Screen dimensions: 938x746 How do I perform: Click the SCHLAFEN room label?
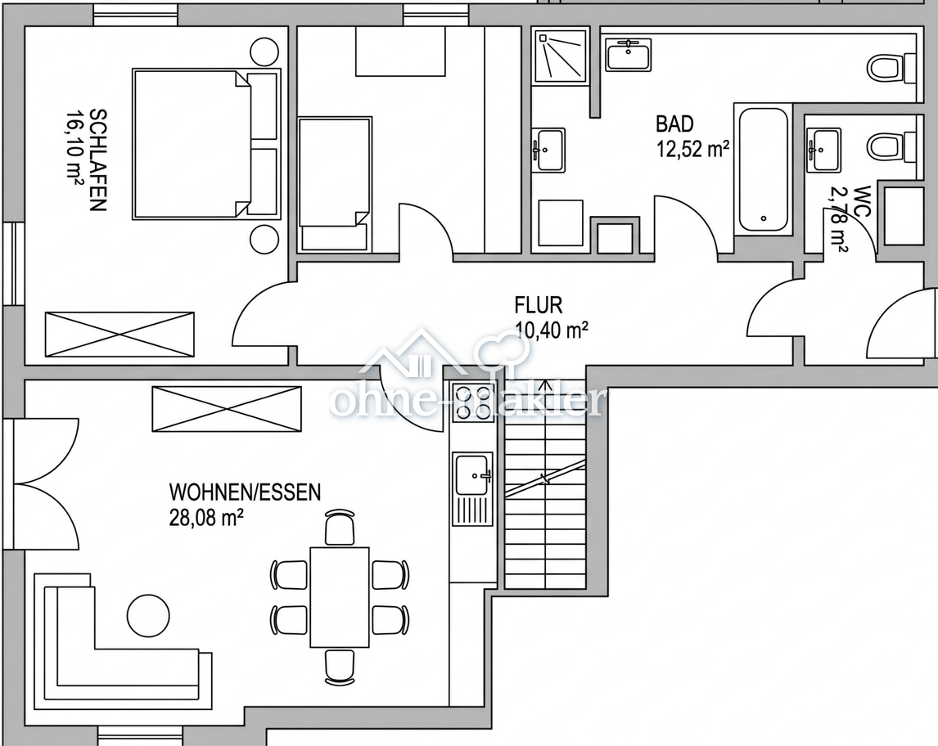pyautogui.click(x=97, y=160)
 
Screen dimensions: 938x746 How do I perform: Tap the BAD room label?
pyautogui.click(x=674, y=124)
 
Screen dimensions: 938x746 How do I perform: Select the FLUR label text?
pyautogui.click(x=539, y=305)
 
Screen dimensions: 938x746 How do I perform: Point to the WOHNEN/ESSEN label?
pyautogui.click(x=246, y=492)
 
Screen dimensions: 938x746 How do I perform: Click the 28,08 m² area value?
pyautogui.click(x=206, y=517)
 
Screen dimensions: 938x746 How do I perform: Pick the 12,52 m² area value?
pyautogui.click(x=692, y=148)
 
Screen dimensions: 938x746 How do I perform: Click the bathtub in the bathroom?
pyautogui.click(x=764, y=170)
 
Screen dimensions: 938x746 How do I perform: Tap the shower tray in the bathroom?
pyautogui.click(x=561, y=56)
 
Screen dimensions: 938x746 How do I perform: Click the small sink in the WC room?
pyautogui.click(x=823, y=150)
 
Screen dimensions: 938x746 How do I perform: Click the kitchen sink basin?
pyautogui.click(x=472, y=475)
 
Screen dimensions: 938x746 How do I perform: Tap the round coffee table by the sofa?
pyautogui.click(x=148, y=615)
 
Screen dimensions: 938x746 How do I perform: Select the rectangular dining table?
pyautogui.click(x=339, y=597)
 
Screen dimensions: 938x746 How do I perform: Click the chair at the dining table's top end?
pyautogui.click(x=340, y=527)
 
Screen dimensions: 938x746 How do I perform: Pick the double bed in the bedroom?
pyautogui.click(x=206, y=144)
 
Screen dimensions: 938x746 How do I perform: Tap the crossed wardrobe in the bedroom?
pyautogui.click(x=120, y=335)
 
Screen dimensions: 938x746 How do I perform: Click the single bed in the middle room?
pyautogui.click(x=335, y=184)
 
